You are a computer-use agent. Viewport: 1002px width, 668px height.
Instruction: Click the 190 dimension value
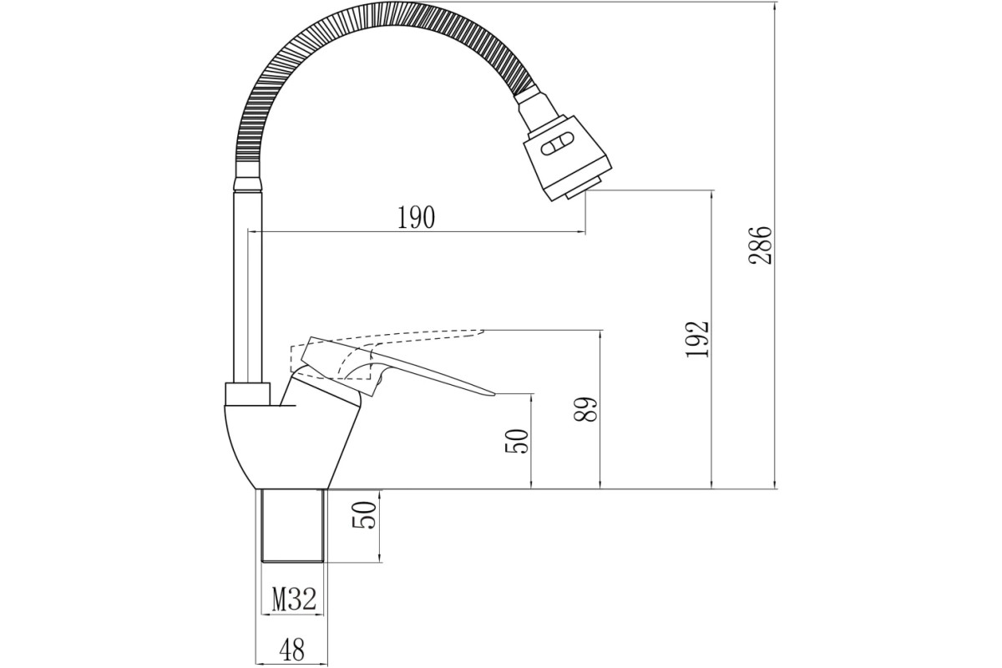(416, 218)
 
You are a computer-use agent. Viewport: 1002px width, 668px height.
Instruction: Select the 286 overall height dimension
(761, 245)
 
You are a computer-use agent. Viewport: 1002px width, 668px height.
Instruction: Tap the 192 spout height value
(697, 339)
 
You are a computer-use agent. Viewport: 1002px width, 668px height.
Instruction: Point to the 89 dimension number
(585, 409)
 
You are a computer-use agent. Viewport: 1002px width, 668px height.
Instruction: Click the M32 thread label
(294, 600)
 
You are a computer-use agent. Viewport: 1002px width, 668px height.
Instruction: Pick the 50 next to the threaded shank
(364, 516)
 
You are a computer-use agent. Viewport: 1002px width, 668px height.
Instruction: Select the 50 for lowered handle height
(517, 442)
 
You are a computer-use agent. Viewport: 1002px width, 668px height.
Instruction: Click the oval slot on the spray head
(556, 145)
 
